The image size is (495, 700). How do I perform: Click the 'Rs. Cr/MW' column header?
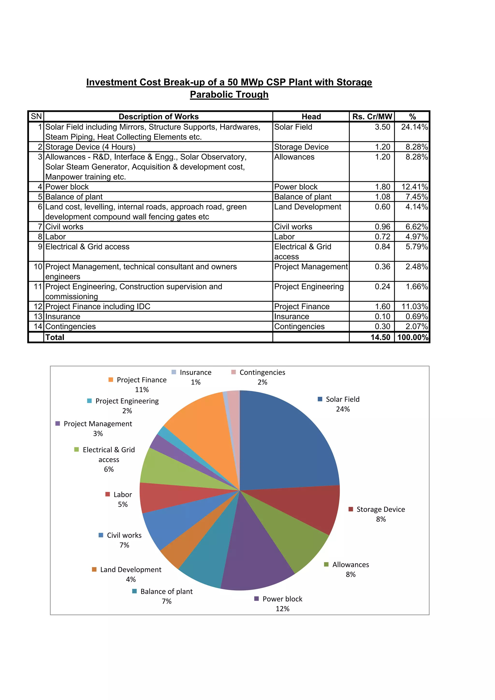pyautogui.click(x=372, y=116)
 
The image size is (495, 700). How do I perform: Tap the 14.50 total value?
pyautogui.click(x=380, y=337)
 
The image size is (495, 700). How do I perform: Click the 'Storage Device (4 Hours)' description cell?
pyautogui.click(x=90, y=147)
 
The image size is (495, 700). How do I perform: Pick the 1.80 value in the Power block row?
pyautogui.click(x=382, y=187)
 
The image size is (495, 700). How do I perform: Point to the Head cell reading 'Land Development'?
pyautogui.click(x=307, y=207)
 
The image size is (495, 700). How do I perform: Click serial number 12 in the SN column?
pyautogui.click(x=38, y=306)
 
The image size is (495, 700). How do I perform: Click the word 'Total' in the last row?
pyautogui.click(x=55, y=337)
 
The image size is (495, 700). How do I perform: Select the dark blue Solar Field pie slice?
pyautogui.click(x=287, y=442)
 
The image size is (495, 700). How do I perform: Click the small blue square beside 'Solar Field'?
pyautogui.click(x=320, y=399)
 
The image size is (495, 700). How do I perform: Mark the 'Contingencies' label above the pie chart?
pyautogui.click(x=262, y=372)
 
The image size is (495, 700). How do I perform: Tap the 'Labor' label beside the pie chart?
pyautogui.click(x=123, y=495)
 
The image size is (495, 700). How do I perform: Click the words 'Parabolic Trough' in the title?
pyautogui.click(x=229, y=94)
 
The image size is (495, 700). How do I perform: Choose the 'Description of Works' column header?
pyautogui.click(x=158, y=116)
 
